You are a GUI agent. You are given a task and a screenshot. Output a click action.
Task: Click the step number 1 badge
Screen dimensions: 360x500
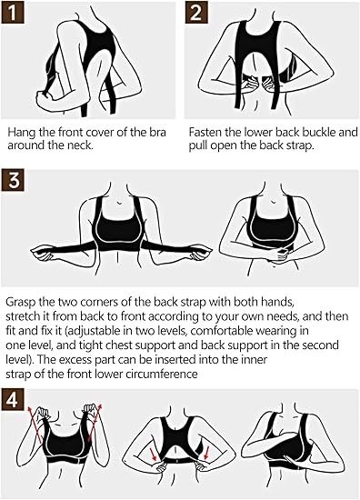click(x=13, y=13)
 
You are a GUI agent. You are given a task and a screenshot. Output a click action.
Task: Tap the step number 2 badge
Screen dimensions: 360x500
click(x=195, y=13)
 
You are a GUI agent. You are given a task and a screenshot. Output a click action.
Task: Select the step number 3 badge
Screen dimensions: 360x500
click(x=13, y=181)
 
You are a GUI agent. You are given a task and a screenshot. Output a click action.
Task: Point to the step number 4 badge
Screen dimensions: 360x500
click(x=13, y=399)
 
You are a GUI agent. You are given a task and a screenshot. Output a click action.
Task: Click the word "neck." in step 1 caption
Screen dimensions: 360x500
click(x=81, y=145)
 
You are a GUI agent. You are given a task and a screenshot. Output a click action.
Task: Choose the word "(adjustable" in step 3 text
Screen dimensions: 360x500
click(x=93, y=331)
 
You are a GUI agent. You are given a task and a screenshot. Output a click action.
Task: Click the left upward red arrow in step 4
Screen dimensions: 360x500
click(x=35, y=425)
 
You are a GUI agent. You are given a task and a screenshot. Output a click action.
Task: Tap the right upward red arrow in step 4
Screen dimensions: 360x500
click(x=94, y=425)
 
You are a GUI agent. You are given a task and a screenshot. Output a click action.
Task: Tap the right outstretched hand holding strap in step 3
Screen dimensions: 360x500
click(x=201, y=252)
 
